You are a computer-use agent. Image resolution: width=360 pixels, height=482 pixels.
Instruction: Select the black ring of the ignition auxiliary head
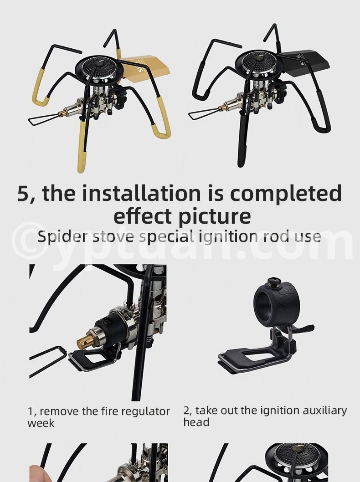point(273,303)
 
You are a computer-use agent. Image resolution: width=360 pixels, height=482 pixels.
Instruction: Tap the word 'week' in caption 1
point(41,423)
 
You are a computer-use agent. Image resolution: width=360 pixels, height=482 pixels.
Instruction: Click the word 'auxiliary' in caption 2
point(324,411)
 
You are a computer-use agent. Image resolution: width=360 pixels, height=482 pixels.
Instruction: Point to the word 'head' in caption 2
point(196,422)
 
